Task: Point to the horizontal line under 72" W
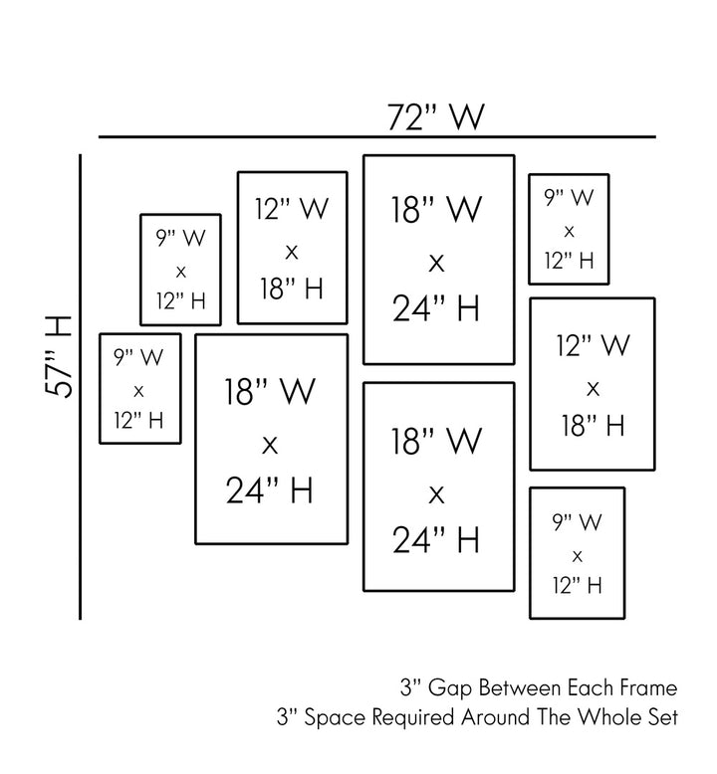376,136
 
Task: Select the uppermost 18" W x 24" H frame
438,260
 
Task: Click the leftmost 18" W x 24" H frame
271,439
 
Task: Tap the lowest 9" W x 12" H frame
577,552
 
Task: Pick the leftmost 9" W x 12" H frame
139,388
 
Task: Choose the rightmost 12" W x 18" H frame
592,383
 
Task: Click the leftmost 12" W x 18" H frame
292,248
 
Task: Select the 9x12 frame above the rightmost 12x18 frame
569,229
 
